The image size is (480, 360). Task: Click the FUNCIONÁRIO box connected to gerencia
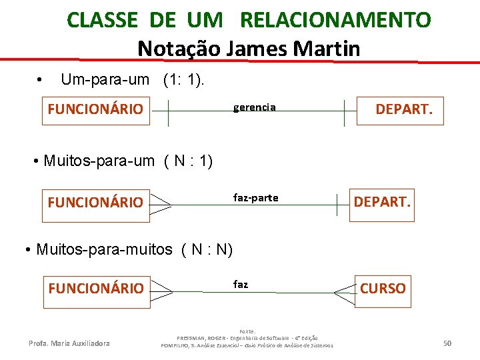point(95,109)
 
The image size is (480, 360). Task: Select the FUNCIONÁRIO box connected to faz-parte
point(95,202)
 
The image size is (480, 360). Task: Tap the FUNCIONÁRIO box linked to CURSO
point(95,288)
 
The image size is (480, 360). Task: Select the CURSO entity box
point(383,288)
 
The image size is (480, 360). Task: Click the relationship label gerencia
point(254,107)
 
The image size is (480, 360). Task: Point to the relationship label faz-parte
point(255,197)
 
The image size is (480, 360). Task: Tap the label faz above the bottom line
point(241,284)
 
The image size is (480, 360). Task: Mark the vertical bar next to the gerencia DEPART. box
point(345,112)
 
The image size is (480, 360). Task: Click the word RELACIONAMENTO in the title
point(335,20)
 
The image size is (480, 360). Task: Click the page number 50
point(447,343)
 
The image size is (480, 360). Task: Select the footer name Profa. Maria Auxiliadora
point(69,343)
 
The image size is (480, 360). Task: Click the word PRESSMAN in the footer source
point(194,338)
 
